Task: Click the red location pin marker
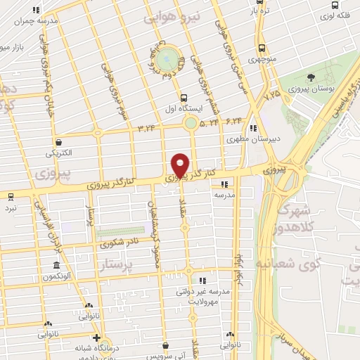[180, 165]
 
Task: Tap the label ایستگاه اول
[184, 109]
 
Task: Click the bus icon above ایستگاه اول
[184, 98]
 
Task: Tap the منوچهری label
[262, 60]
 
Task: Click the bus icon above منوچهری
[262, 49]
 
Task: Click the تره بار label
[263, 12]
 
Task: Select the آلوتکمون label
[56, 277]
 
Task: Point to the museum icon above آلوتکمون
[56, 266]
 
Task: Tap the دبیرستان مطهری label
[253, 139]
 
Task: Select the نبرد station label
[11, 209]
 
